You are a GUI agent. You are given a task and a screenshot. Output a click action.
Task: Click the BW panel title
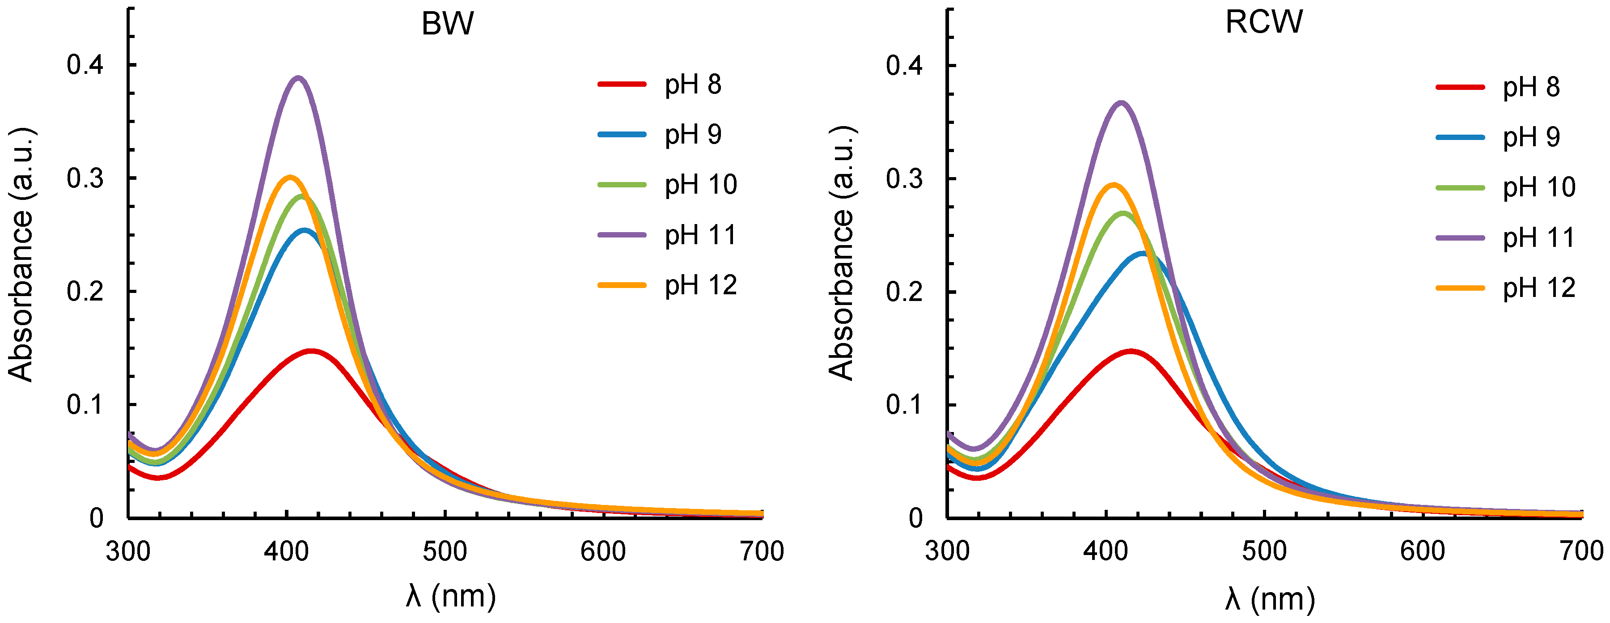tap(448, 24)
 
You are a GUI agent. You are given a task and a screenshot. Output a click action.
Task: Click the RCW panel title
tap(1264, 22)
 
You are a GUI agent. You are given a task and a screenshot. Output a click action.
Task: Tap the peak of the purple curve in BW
tap(299, 78)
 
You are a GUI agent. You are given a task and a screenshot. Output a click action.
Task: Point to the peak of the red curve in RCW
tap(1130, 351)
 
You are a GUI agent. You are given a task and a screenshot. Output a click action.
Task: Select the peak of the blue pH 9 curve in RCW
tap(1143, 254)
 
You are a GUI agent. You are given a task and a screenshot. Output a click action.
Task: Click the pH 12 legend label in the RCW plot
tap(1539, 288)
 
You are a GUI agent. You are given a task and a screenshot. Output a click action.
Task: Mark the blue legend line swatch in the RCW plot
tap(1460, 137)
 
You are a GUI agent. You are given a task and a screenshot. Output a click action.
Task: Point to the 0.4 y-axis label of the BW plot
tap(85, 65)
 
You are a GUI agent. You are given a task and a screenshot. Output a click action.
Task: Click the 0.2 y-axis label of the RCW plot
tap(904, 292)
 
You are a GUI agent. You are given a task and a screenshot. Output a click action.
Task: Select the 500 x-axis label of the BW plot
tap(445, 552)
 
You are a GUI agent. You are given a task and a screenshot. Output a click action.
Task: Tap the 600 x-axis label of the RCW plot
tap(1423, 552)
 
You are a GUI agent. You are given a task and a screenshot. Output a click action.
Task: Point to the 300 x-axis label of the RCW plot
tap(948, 552)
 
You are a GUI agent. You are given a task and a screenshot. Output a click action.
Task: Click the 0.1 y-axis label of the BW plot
tap(85, 405)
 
